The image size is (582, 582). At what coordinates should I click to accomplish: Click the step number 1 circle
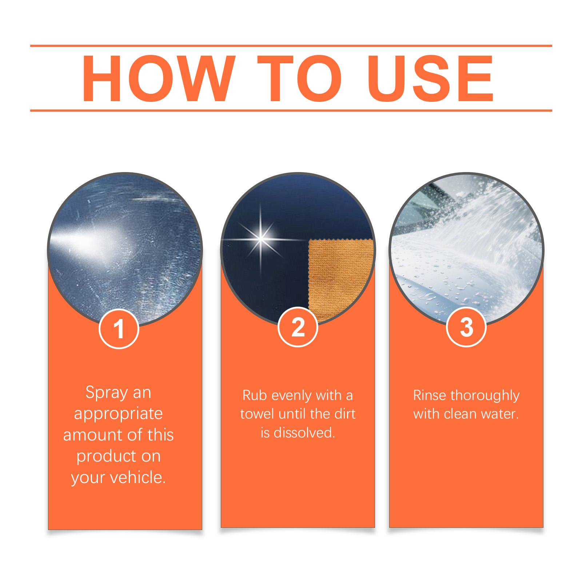coord(119,329)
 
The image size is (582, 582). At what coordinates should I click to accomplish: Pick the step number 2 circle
coord(298,327)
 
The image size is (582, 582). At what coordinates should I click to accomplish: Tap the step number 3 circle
coord(466,327)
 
